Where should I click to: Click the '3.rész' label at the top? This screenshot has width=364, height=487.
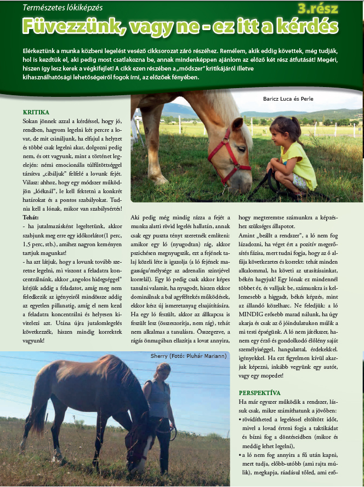click(x=318, y=8)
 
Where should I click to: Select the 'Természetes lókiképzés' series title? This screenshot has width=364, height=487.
click(x=62, y=8)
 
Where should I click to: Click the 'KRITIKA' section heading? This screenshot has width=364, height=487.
click(x=36, y=112)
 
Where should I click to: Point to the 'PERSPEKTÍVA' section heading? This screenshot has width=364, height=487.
click(x=260, y=393)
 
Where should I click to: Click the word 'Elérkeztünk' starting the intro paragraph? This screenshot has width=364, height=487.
click(x=42, y=50)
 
